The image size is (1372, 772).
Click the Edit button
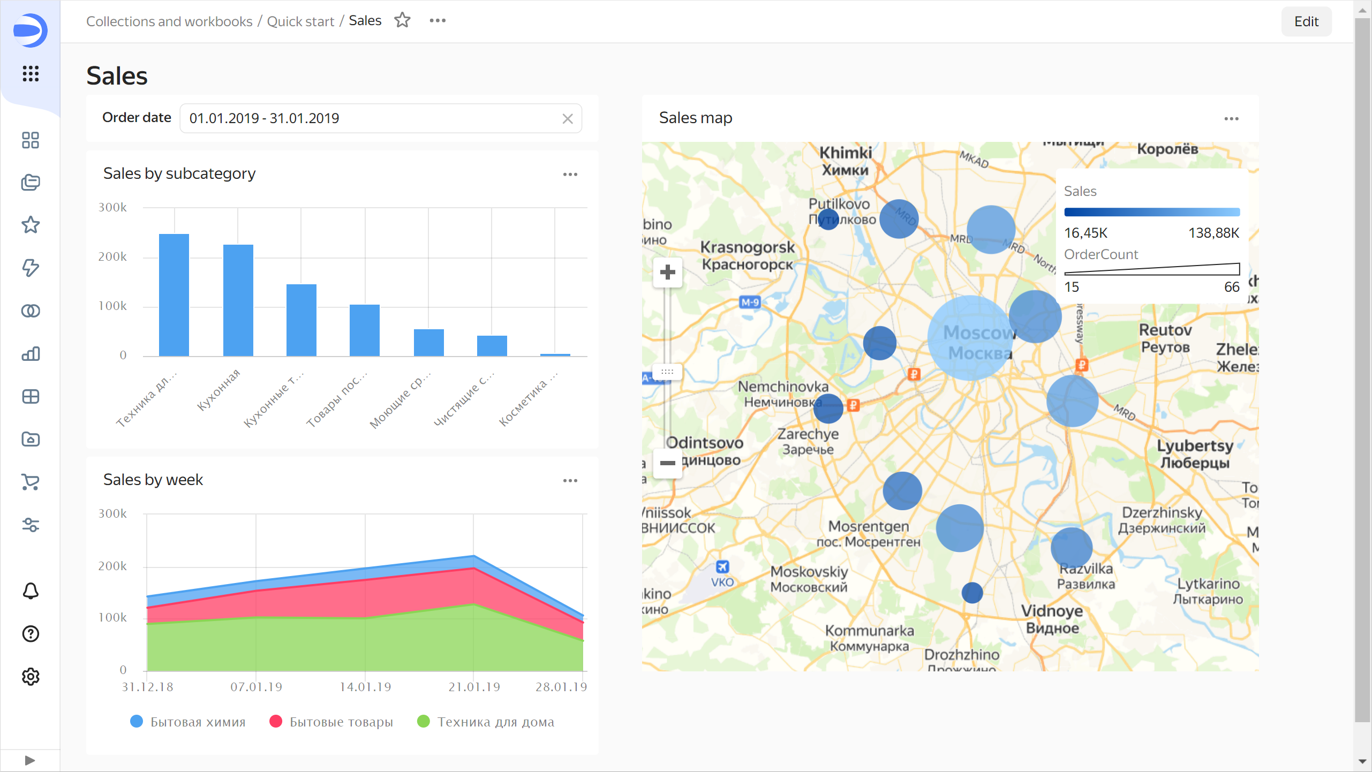point(1306,21)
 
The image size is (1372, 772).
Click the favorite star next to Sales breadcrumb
point(402,20)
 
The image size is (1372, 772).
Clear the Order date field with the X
point(568,119)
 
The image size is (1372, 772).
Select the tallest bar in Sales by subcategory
point(174,294)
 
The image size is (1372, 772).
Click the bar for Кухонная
point(238,300)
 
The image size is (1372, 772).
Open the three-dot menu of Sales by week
point(570,481)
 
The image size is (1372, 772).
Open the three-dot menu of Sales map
point(1231,119)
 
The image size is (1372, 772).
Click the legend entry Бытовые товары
point(331,722)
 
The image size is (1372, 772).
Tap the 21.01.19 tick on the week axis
point(474,687)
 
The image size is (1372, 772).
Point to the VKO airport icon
point(722,566)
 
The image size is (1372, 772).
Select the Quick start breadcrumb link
point(300,21)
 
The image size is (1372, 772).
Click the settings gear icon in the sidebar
point(31,677)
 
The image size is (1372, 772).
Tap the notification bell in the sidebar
point(31,591)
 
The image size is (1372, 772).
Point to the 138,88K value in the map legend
point(1213,233)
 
